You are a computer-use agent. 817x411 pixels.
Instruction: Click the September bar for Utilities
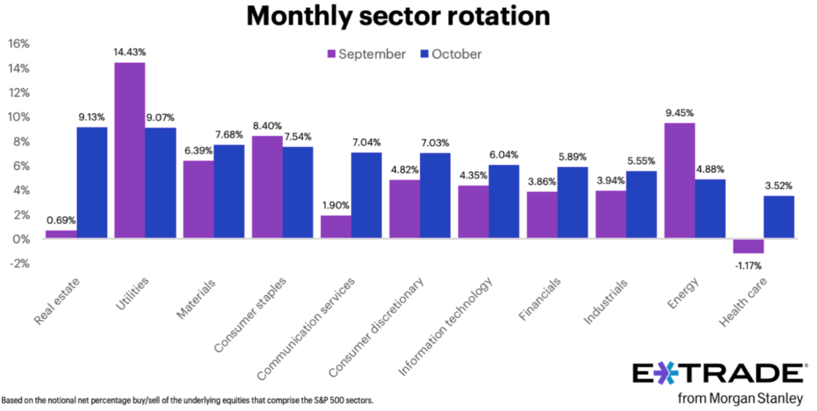pyautogui.click(x=129, y=150)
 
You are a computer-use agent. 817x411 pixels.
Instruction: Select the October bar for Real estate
pyautogui.click(x=92, y=182)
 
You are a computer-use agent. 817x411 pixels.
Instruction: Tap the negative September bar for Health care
pyautogui.click(x=748, y=246)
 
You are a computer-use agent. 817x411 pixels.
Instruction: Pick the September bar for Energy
pyautogui.click(x=679, y=181)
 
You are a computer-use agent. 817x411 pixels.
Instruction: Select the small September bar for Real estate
pyautogui.click(x=61, y=234)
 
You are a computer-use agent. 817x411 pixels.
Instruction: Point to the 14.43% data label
pyautogui.click(x=130, y=52)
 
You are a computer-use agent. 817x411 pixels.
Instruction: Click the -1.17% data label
pyautogui.click(x=748, y=265)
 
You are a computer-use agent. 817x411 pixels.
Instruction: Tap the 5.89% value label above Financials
pyautogui.click(x=572, y=157)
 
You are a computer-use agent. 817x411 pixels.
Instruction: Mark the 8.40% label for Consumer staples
pyautogui.click(x=267, y=125)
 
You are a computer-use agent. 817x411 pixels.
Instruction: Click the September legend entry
pyautogui.click(x=366, y=54)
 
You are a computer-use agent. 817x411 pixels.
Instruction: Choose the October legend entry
pyautogui.click(x=450, y=54)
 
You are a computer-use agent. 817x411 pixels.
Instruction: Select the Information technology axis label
pyautogui.click(x=446, y=327)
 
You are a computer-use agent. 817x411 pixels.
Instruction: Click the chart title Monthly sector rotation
pyautogui.click(x=398, y=17)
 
